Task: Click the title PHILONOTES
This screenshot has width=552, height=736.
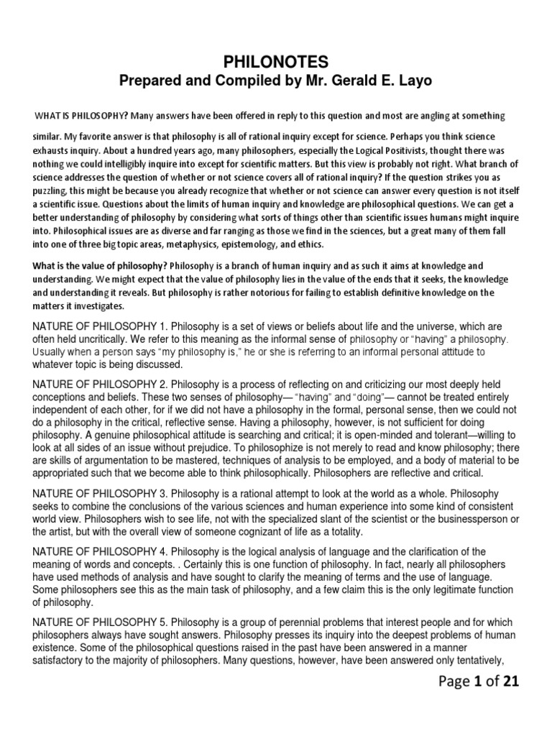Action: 276,63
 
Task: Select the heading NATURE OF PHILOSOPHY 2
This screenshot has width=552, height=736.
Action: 98,385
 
